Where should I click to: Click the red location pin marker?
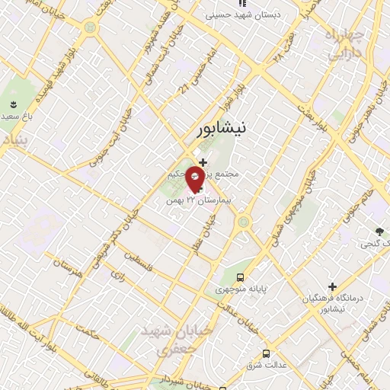point(195,181)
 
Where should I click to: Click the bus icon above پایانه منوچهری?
point(241,277)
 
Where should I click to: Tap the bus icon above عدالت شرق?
point(266,353)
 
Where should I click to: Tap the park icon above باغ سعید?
point(12,104)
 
